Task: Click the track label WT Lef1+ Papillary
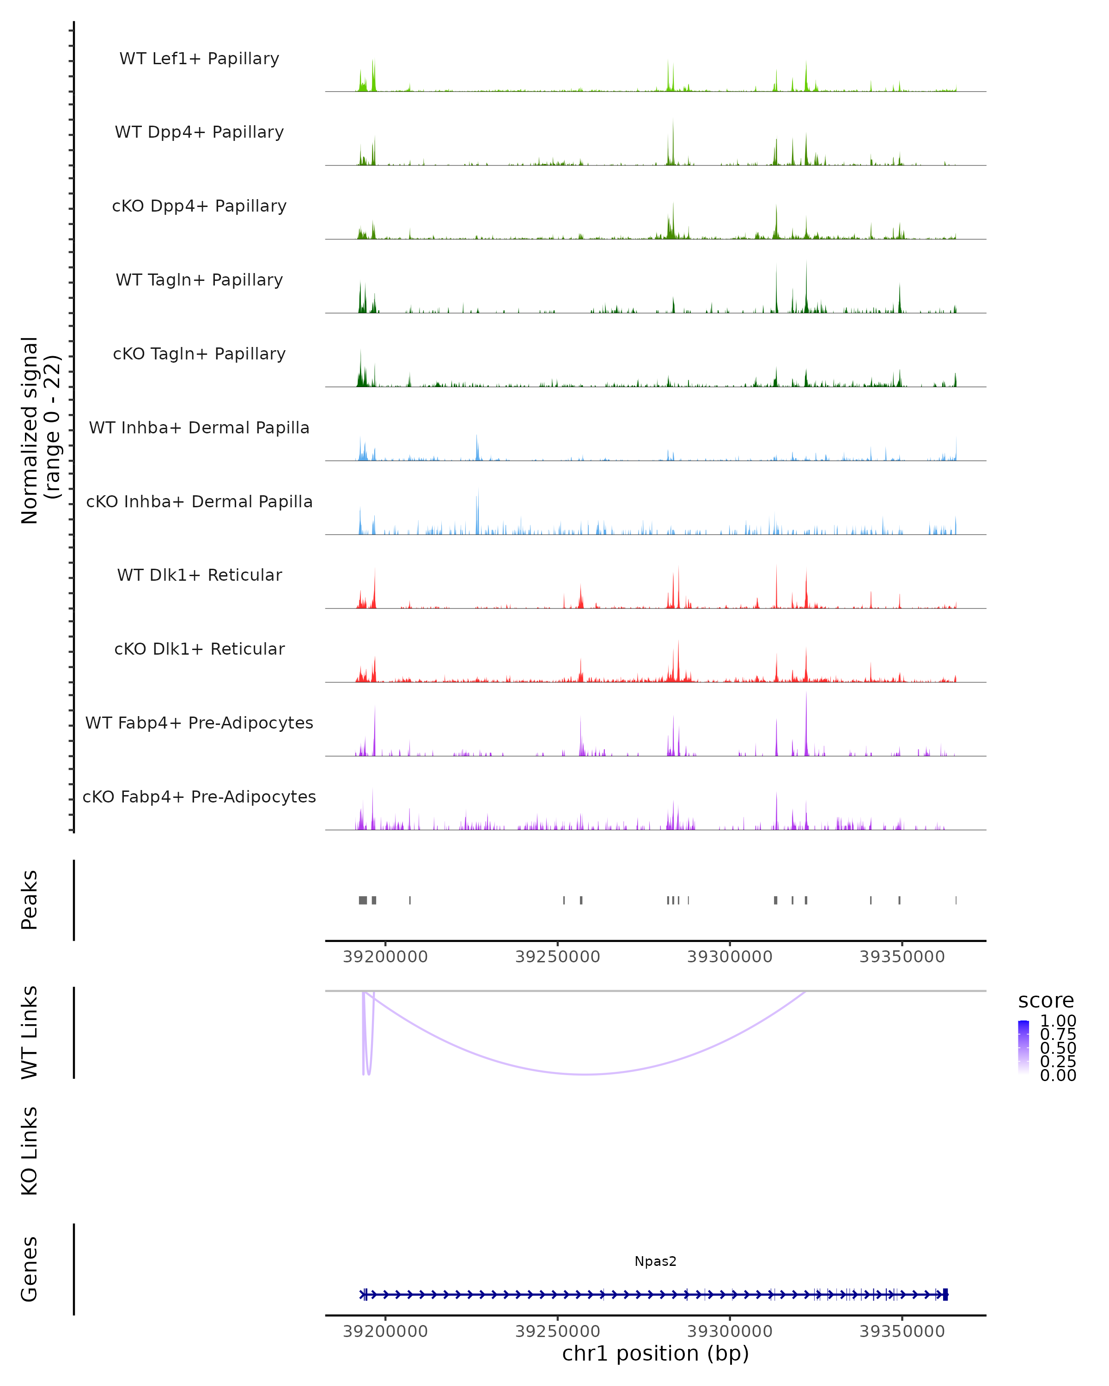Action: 199,59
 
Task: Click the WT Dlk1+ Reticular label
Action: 199,575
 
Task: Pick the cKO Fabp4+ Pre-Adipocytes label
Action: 199,796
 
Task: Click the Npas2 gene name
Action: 655,1261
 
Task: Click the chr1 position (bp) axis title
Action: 655,1353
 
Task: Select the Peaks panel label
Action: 30,900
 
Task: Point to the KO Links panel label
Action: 30,1151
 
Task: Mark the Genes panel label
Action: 30,1269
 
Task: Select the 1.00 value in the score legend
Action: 1058,1021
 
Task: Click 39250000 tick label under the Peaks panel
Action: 557,957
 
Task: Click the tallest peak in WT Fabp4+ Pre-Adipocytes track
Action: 806,694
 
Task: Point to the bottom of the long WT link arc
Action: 586,1074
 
